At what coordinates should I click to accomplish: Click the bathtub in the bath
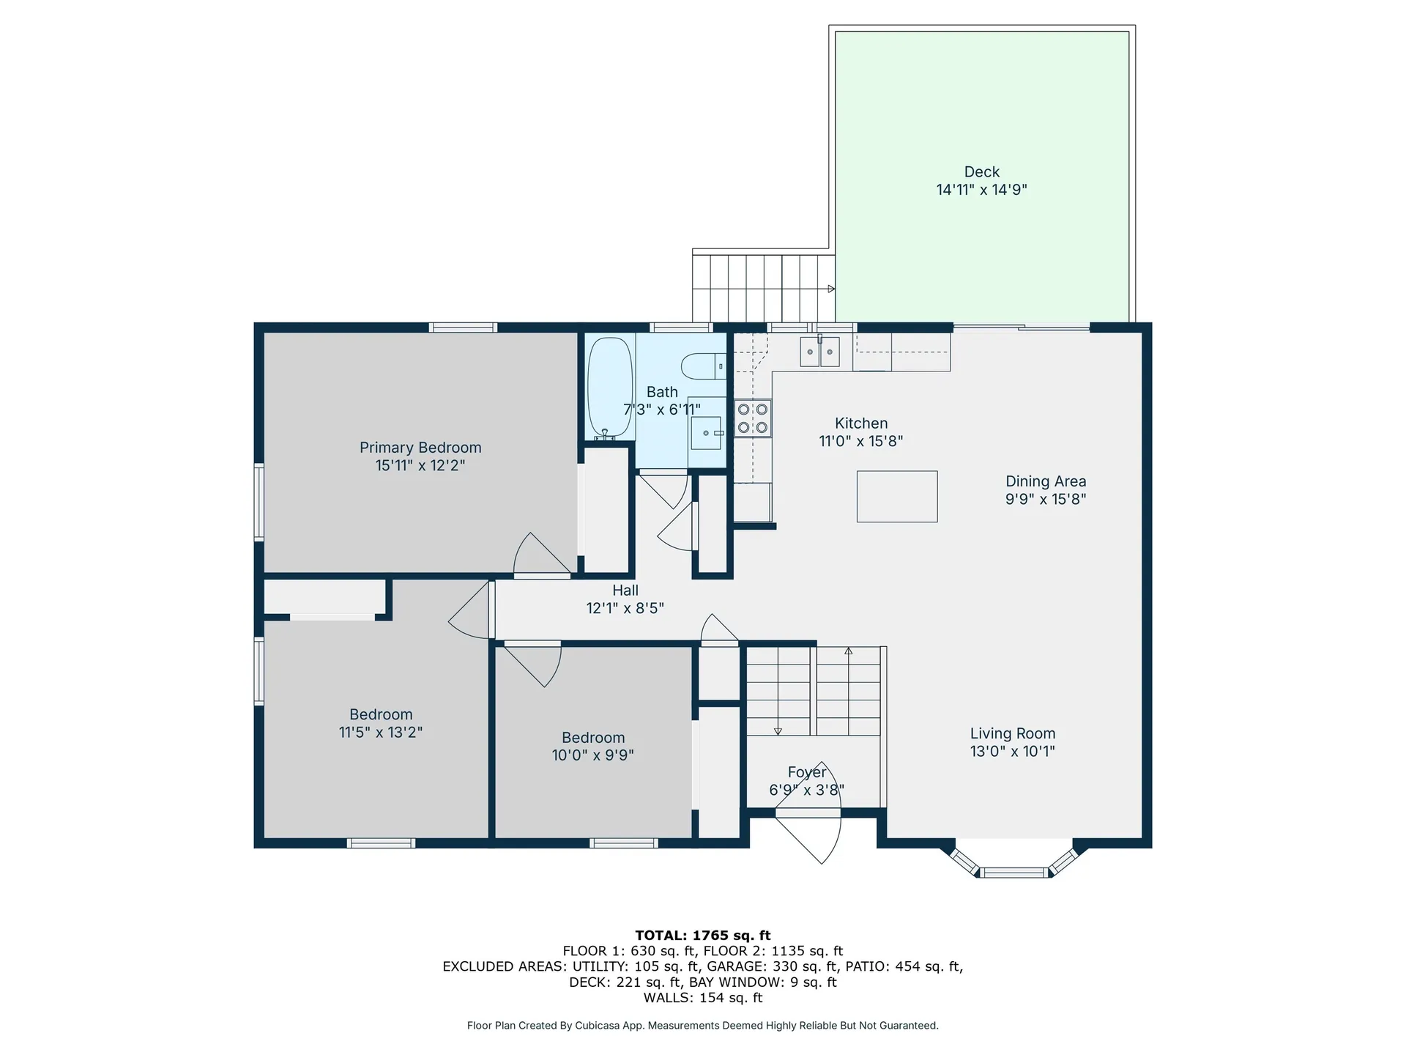click(610, 387)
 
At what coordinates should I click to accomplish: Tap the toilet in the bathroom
click(702, 366)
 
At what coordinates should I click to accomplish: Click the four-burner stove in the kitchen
click(753, 418)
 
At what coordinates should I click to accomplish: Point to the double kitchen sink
click(819, 352)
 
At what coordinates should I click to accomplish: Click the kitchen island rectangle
click(897, 497)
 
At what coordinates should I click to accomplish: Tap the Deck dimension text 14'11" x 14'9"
click(981, 190)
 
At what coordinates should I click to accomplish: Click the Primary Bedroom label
click(420, 448)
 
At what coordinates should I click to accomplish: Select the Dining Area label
click(1045, 481)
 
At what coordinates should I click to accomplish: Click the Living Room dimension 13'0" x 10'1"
click(1012, 751)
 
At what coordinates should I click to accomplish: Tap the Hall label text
click(625, 591)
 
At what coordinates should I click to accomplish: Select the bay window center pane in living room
click(1014, 872)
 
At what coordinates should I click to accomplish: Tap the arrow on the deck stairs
click(831, 289)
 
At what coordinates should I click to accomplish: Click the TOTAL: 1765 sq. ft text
click(703, 936)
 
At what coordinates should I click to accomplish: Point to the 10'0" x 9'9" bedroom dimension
click(592, 755)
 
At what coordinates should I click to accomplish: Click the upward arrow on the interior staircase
click(849, 651)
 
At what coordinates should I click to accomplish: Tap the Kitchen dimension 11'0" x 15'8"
click(860, 441)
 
